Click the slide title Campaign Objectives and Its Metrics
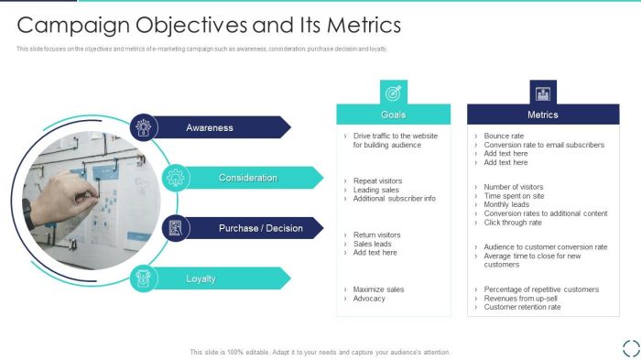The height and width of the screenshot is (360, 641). [x=209, y=25]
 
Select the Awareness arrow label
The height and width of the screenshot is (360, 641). [x=210, y=128]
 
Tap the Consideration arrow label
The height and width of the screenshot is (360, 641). [x=247, y=178]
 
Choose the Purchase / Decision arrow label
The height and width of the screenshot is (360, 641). [x=260, y=228]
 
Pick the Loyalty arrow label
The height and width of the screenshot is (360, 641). [x=201, y=278]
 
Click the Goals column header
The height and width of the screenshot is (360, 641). [x=393, y=115]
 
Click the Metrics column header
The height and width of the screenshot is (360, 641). [x=542, y=115]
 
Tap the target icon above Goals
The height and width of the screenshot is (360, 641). [x=393, y=92]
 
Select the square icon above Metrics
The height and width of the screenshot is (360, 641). [x=542, y=92]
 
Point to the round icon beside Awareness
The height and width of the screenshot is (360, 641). [x=143, y=128]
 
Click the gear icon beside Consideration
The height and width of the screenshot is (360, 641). [x=174, y=178]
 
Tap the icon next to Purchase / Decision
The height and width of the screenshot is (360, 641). [x=175, y=228]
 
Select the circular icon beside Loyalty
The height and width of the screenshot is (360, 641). [x=143, y=278]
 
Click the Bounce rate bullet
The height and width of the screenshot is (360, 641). [x=504, y=136]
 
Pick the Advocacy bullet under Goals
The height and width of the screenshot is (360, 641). [x=369, y=299]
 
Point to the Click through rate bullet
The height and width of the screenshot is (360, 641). [x=513, y=222]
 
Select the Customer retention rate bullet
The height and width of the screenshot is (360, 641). [x=522, y=307]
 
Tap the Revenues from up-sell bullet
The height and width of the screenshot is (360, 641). [x=521, y=299]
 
